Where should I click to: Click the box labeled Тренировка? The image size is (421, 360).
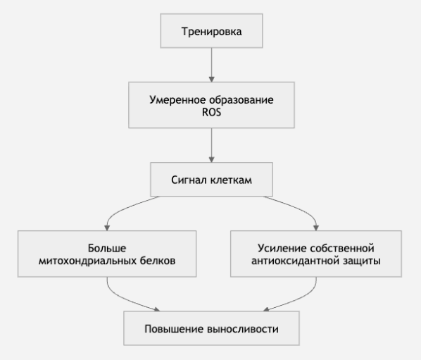[x=211, y=31]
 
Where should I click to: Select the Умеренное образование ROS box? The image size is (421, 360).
[x=211, y=105]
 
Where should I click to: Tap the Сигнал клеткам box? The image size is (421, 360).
[x=211, y=180]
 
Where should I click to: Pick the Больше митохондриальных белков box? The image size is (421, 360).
[x=107, y=254]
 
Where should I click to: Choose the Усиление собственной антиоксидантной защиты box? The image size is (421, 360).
[x=316, y=254]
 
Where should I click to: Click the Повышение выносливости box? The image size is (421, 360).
[x=211, y=328]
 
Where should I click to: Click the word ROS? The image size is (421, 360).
[x=212, y=112]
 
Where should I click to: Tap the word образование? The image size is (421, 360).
[x=241, y=99]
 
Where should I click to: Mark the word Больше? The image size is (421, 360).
[x=107, y=248]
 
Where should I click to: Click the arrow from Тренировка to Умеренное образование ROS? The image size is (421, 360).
[x=212, y=65]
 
